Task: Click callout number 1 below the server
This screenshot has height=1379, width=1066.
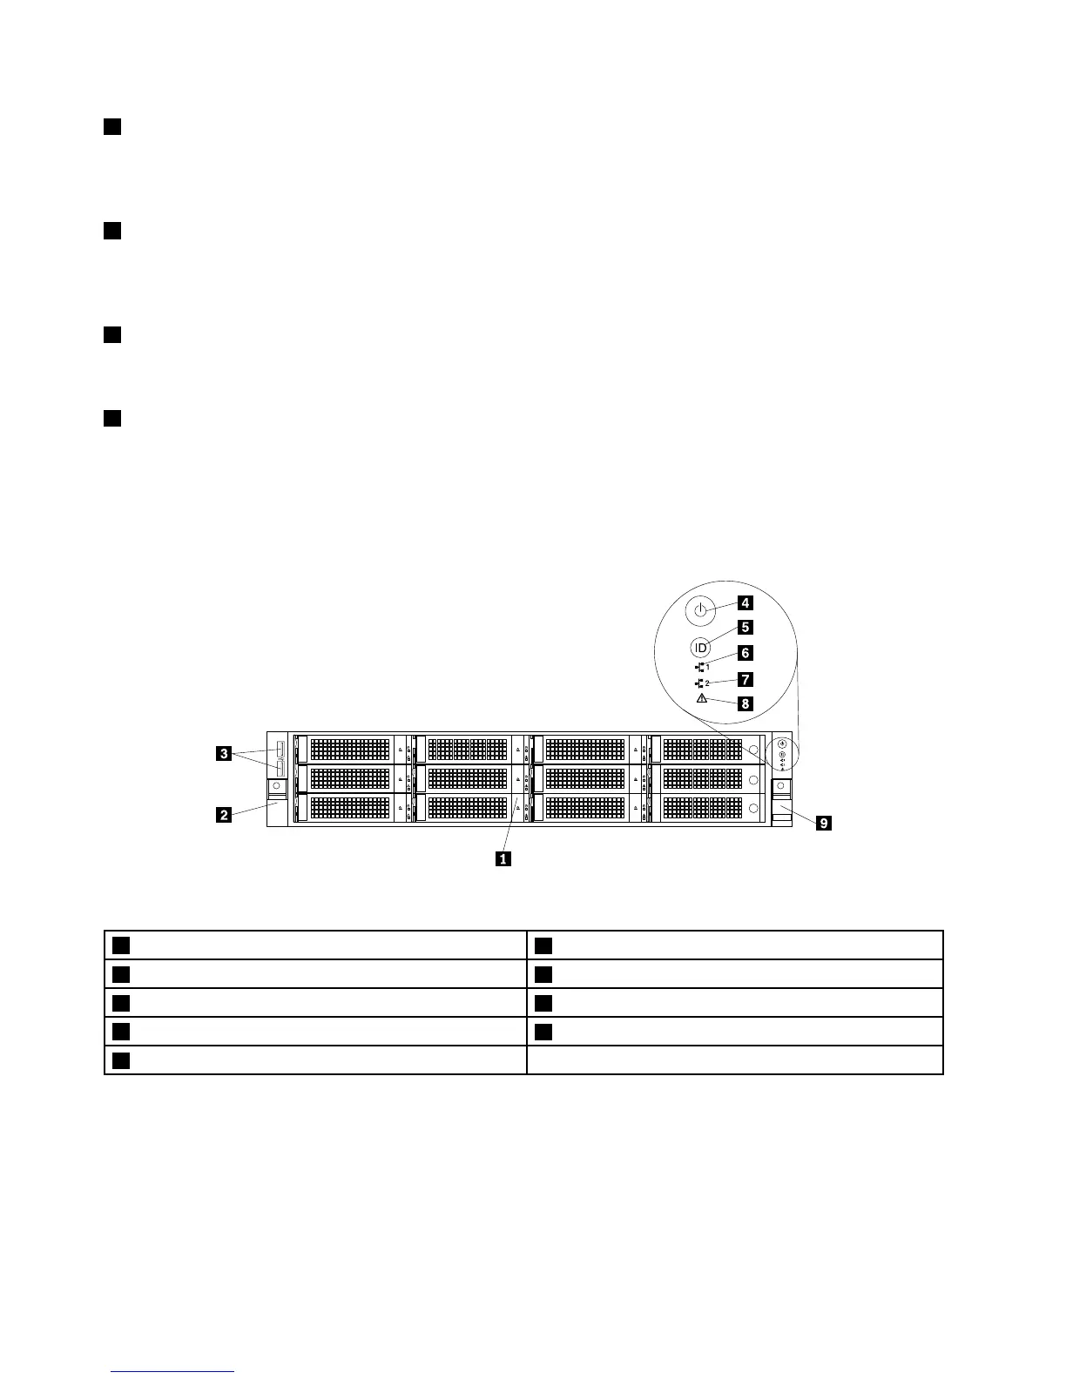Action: coord(503,858)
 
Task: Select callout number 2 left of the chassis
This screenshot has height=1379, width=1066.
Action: coord(224,815)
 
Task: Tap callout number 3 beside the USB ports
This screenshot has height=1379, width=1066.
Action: coord(224,754)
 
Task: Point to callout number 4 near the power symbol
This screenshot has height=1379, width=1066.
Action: coord(746,602)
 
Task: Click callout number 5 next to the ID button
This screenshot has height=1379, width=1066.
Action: coord(746,627)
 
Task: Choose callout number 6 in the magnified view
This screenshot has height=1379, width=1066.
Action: coord(746,653)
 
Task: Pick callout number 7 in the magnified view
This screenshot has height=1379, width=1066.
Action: coord(746,679)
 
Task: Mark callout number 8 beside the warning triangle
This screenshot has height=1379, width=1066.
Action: coord(746,703)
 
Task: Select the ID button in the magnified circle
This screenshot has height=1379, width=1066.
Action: coord(701,648)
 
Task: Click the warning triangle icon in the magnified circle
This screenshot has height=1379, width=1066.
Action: coord(701,698)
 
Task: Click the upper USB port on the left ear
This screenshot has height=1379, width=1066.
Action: coord(280,749)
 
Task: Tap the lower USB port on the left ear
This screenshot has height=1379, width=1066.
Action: coord(280,766)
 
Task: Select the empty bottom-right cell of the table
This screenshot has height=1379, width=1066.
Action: coord(735,1060)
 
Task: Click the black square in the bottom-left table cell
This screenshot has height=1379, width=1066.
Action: coord(121,1060)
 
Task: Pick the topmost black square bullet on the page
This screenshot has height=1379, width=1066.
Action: coord(111,127)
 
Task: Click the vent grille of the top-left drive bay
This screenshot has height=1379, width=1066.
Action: coord(349,749)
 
